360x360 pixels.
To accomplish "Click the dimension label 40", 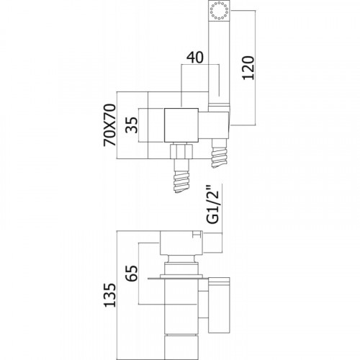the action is [195, 58].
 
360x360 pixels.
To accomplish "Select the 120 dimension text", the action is [248, 68].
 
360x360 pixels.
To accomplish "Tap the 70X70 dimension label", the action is [109, 125].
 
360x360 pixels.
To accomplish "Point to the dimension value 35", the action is [132, 125].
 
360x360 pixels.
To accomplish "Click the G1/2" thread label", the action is [213, 204].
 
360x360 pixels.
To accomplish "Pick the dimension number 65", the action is [132, 273].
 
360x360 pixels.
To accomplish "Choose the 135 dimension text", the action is [109, 295].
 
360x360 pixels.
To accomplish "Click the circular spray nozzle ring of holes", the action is [220, 10].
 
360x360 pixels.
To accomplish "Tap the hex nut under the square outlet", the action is [181, 151].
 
